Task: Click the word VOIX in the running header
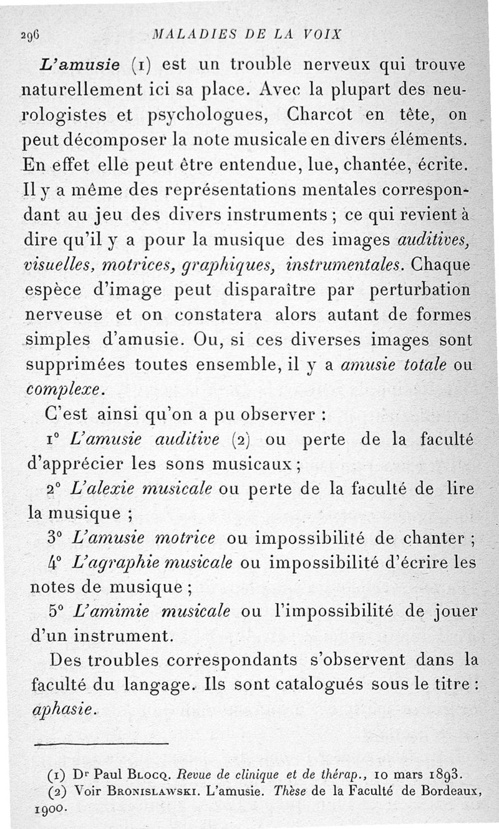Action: point(322,34)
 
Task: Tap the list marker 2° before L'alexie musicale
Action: point(56,487)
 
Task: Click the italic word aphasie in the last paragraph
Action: point(61,709)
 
